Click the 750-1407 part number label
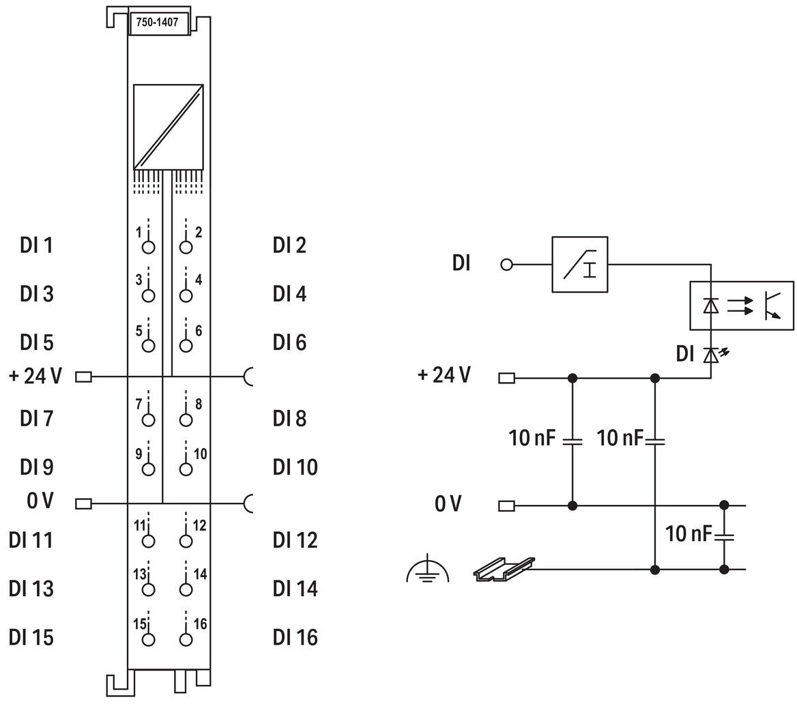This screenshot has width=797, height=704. pos(157,23)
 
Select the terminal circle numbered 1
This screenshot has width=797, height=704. pos(149,247)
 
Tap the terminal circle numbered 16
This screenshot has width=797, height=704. pos(186,639)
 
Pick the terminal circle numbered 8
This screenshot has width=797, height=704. pos(186,420)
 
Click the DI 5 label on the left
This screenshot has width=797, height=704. pos(37,342)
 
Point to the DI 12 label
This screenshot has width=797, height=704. pos(295,540)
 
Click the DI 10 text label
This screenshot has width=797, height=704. pos(295,467)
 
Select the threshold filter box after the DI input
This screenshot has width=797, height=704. pos(580,264)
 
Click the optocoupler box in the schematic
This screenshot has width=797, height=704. pos(742,306)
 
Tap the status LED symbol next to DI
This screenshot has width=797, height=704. pos(714,354)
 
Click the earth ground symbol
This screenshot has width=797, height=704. pos(428,569)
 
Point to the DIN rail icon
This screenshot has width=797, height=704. pos(504,569)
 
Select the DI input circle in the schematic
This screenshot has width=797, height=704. pos(506,265)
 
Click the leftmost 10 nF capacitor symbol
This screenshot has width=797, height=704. pos(573,441)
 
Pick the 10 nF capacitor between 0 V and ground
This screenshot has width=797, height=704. pos(724,537)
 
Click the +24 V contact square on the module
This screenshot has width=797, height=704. pos(83,377)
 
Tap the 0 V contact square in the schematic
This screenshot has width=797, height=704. pos(507,505)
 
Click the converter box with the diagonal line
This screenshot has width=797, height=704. pos(169,127)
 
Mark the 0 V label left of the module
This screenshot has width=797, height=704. pos(40,501)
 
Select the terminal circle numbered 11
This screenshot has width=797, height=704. pos(149,542)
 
